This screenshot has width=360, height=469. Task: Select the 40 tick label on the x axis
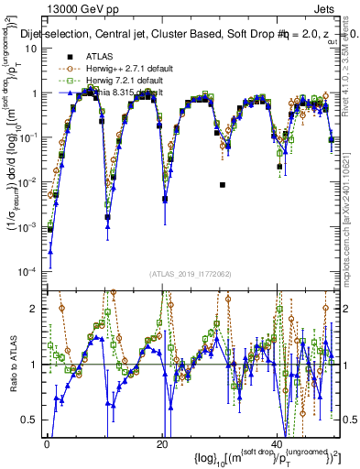[278, 444]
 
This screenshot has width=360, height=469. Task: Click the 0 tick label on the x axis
[47, 444]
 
